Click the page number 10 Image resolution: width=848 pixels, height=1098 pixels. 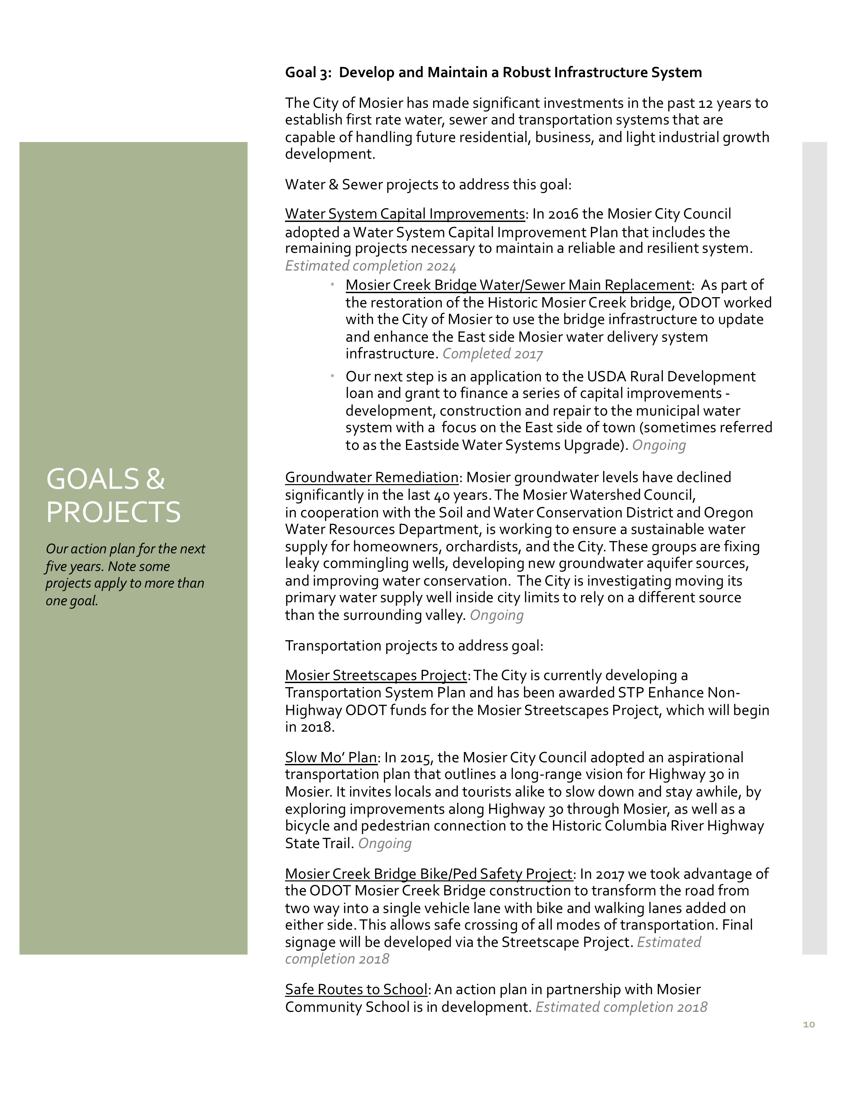[808, 1024]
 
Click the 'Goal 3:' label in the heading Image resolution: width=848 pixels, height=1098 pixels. [308, 73]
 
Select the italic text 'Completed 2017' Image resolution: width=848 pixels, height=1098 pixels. [492, 354]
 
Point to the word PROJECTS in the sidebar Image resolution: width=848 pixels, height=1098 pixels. [113, 512]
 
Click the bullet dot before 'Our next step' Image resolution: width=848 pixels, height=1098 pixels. [333, 376]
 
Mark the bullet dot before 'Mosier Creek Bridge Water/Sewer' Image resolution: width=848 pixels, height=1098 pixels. [333, 284]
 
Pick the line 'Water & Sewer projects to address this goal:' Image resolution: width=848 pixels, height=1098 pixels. [428, 185]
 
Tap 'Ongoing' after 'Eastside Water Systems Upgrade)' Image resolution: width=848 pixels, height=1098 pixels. [658, 446]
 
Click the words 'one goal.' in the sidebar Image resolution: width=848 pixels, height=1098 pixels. [72, 601]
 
